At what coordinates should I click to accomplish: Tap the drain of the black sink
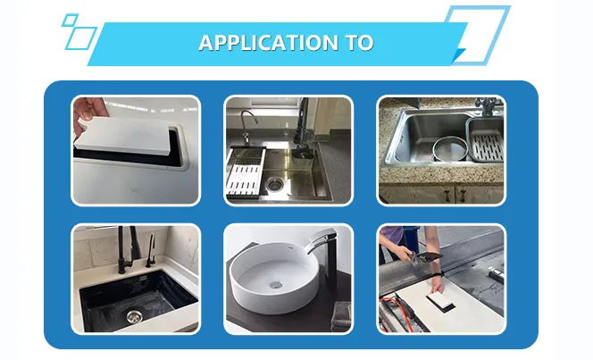point(133,315)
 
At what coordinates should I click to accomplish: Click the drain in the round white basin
point(277,284)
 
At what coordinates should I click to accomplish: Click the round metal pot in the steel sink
point(450,148)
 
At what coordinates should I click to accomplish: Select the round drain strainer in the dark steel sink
point(273,184)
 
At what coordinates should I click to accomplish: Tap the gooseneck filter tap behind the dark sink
point(248,127)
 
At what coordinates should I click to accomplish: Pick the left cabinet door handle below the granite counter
point(447,195)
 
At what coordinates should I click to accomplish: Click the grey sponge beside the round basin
point(341,316)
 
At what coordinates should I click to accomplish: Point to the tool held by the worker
point(425,259)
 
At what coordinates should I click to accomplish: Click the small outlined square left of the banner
point(71,20)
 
